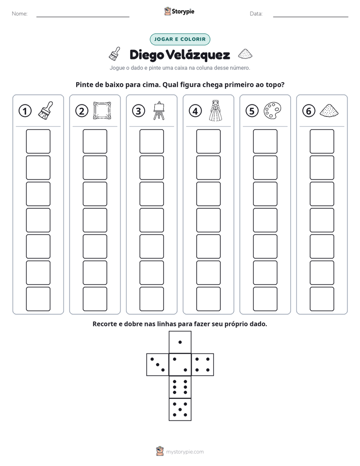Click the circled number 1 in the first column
(25, 111)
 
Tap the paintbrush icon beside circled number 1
(46, 111)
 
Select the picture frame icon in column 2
(102, 111)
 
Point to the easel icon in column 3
(159, 110)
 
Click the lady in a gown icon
(216, 110)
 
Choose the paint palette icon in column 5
(272, 111)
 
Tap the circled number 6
(309, 111)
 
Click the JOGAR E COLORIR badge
(180, 39)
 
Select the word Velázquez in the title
(198, 55)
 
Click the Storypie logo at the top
(179, 12)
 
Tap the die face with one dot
(180, 342)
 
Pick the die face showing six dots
(180, 387)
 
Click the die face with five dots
(180, 410)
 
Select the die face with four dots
(203, 365)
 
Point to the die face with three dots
(158, 365)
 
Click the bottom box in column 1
(38, 299)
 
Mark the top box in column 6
(322, 141)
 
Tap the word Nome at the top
(20, 14)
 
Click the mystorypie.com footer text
(185, 452)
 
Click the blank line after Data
(311, 17)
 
